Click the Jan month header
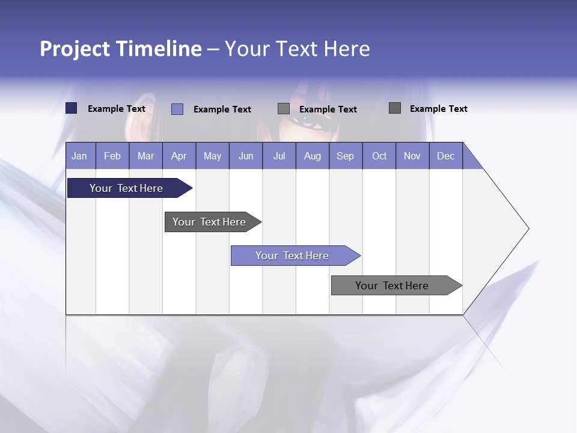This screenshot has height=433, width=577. click(79, 156)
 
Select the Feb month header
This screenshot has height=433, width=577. click(112, 156)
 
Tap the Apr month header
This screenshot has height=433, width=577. click(179, 156)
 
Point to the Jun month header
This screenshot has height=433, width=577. click(245, 156)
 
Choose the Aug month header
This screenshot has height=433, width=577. click(312, 156)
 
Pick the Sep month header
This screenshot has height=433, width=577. click(345, 156)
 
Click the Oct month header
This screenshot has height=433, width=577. click(379, 156)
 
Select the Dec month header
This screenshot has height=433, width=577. click(445, 156)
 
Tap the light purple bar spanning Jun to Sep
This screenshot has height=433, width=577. click(293, 256)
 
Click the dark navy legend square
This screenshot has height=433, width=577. click(72, 108)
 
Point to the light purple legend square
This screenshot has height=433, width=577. click(177, 109)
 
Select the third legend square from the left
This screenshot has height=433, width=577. click(284, 109)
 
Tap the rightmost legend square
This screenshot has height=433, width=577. click(395, 108)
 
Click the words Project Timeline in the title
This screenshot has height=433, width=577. click(120, 49)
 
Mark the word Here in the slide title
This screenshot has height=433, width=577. click(346, 49)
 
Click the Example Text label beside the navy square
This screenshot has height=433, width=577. click(117, 109)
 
